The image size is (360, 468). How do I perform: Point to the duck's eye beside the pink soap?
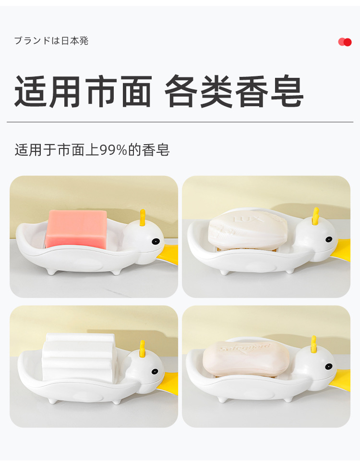click(156, 241)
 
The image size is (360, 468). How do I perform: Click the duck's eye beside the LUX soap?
click(329, 239)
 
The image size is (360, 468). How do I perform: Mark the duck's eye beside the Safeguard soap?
click(328, 367)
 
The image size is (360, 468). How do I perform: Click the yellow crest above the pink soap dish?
click(142, 218)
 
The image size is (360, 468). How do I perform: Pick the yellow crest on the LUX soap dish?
click(315, 216)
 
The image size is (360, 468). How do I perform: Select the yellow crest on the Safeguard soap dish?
click(314, 345)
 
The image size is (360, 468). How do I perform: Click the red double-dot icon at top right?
click(345, 42)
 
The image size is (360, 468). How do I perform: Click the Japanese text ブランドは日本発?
click(51, 41)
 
